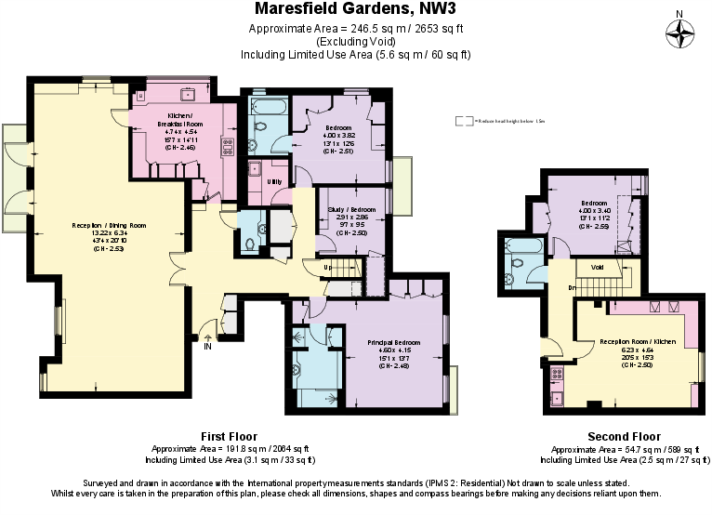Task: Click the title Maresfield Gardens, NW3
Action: click(x=355, y=10)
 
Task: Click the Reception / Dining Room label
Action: click(x=110, y=226)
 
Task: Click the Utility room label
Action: click(x=274, y=181)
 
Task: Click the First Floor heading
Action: click(x=229, y=436)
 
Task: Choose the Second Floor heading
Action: click(x=624, y=436)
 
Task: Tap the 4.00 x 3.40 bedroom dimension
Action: click(x=595, y=211)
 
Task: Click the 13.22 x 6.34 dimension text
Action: click(x=110, y=233)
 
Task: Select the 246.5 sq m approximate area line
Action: click(x=355, y=29)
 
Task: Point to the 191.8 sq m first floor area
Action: click(x=229, y=448)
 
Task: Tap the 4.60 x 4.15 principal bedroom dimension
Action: click(x=387, y=349)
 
